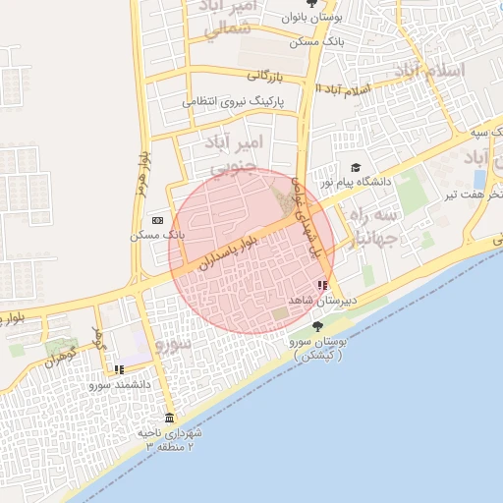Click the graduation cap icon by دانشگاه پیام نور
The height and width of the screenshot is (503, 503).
point(355,167)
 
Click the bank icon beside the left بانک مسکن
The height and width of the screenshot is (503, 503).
point(157,220)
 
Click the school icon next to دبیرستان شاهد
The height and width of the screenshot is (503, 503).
point(321,285)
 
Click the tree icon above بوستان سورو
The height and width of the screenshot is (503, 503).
point(316,326)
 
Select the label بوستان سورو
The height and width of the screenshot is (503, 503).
point(316,347)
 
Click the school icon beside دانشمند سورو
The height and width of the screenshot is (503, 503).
point(119,370)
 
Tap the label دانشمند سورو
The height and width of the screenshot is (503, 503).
point(119,385)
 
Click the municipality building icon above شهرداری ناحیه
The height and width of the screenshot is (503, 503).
point(169,418)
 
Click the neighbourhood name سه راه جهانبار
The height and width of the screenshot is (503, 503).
point(372,225)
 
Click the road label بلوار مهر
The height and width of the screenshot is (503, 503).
point(142,172)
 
